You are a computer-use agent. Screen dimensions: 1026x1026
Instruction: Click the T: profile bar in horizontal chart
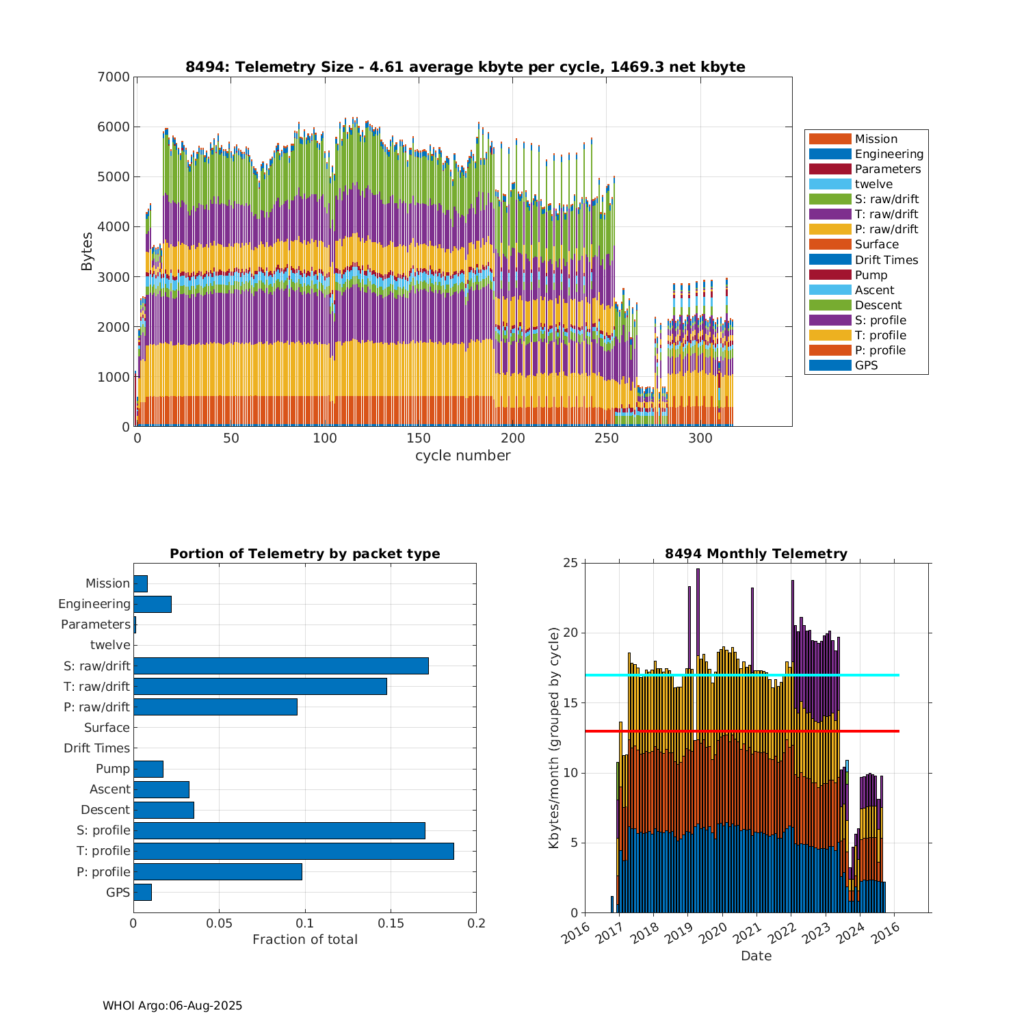[x=293, y=851]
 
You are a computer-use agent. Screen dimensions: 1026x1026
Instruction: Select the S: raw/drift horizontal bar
[x=280, y=666]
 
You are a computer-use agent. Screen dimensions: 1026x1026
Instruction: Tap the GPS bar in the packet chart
[x=142, y=892]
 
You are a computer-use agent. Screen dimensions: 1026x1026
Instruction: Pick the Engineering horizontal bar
[x=152, y=604]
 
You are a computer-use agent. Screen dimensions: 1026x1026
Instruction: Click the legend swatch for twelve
[x=830, y=184]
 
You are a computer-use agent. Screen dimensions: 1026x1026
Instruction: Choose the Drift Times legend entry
[x=886, y=260]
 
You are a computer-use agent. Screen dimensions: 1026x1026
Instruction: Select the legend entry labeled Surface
[x=876, y=244]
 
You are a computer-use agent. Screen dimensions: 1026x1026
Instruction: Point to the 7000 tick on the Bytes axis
[x=116, y=77]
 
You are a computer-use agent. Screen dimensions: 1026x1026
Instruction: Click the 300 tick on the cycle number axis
[x=700, y=438]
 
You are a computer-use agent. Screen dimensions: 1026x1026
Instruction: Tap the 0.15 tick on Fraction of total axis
[x=391, y=923]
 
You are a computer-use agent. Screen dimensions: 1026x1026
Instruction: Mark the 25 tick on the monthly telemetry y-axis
[x=570, y=563]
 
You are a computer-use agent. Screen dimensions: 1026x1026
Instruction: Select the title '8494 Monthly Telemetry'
[x=756, y=553]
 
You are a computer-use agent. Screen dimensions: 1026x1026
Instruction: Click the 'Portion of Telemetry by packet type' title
[x=304, y=553]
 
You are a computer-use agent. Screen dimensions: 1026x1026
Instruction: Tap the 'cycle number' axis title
[x=462, y=456]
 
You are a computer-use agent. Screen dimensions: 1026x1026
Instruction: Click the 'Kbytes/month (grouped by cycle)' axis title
[x=554, y=738]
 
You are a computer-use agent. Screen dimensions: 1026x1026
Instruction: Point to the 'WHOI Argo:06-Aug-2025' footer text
[x=172, y=1005]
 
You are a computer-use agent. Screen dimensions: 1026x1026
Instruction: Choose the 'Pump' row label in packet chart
[x=113, y=769]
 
